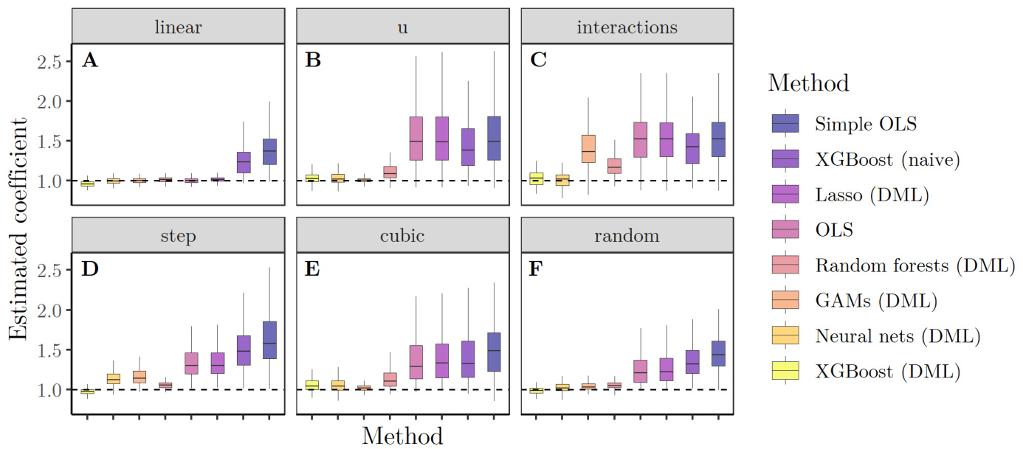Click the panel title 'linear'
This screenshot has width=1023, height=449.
[179, 27]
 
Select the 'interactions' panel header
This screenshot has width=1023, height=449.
[626, 27]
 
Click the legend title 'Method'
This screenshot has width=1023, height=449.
[808, 83]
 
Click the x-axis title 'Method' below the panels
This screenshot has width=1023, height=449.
[402, 435]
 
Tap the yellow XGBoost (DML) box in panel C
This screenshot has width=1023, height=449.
[537, 178]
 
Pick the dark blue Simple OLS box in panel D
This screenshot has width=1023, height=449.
[269, 340]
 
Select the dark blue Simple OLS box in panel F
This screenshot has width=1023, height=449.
[717, 354]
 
